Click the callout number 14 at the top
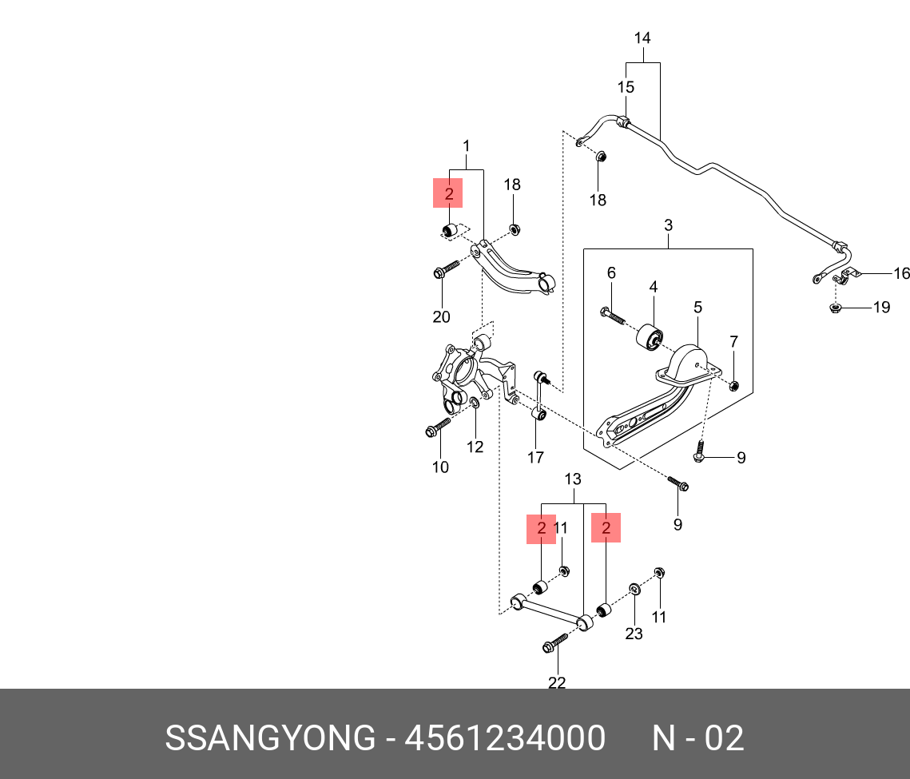click(x=642, y=38)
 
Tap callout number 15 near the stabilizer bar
click(x=626, y=87)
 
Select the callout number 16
click(x=901, y=274)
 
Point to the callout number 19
click(x=880, y=307)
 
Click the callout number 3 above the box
click(x=668, y=226)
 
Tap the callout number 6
click(x=611, y=273)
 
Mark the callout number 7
click(x=733, y=342)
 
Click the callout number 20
click(x=441, y=317)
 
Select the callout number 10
click(x=440, y=467)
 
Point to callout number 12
click(x=475, y=447)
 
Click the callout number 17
click(x=535, y=458)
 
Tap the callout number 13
click(x=573, y=479)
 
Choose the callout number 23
click(x=634, y=634)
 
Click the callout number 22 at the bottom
click(x=557, y=682)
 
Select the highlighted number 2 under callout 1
click(x=448, y=193)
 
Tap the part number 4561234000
click(x=505, y=738)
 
